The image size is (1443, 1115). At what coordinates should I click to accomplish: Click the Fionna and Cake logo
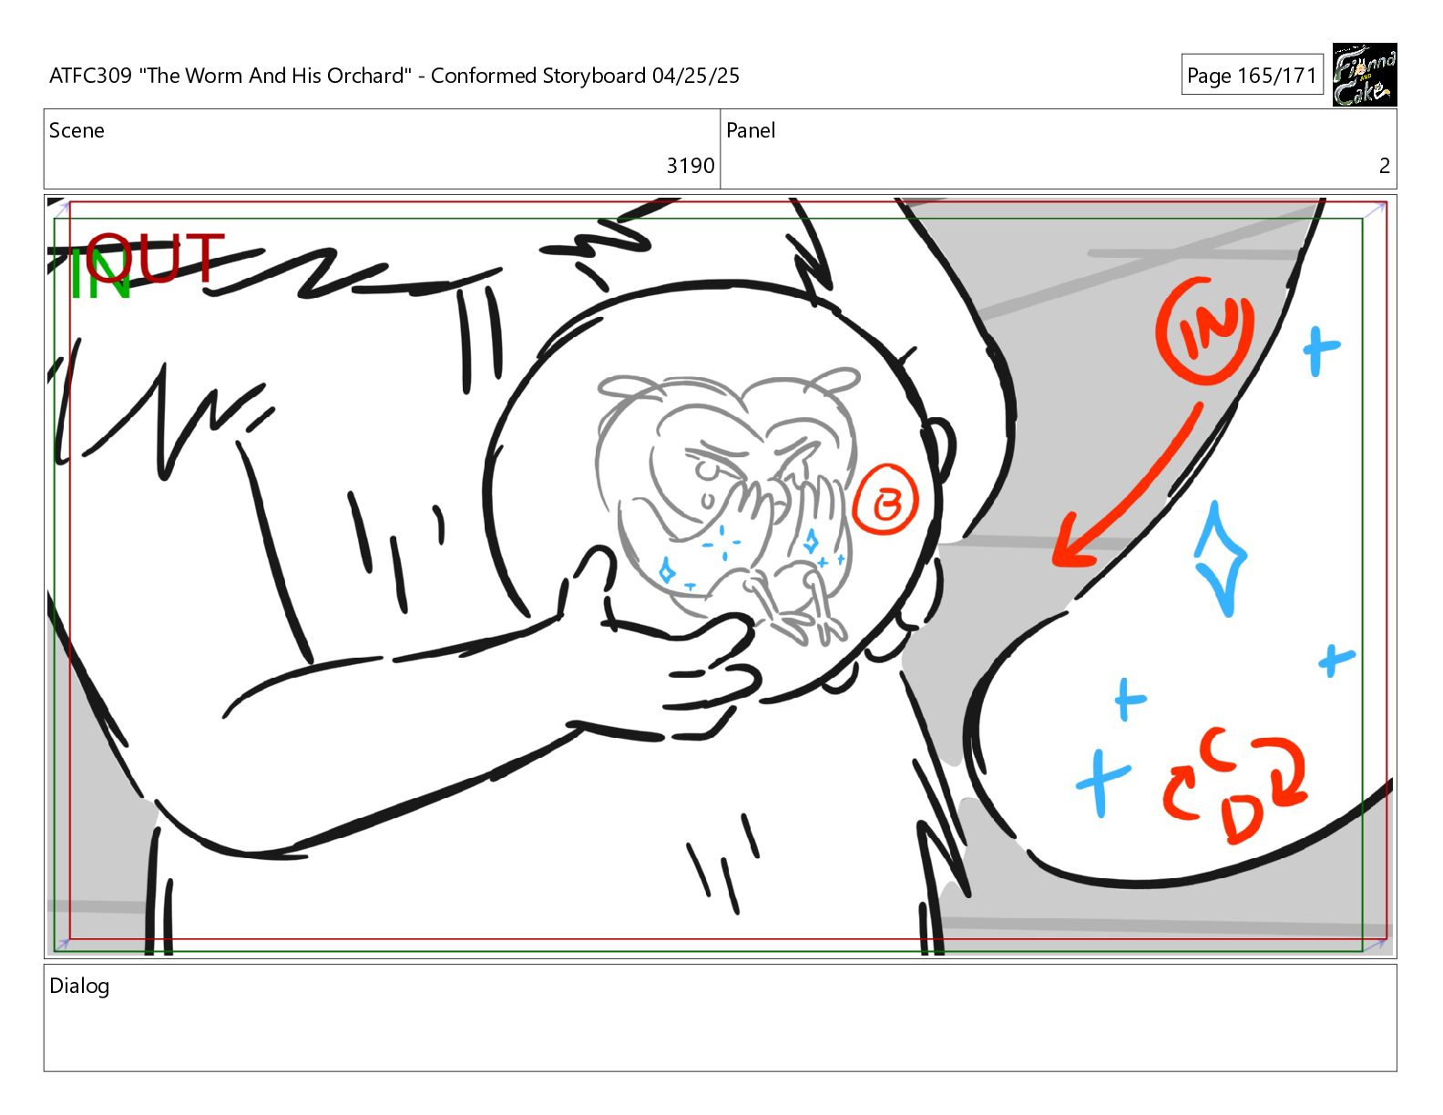(1364, 75)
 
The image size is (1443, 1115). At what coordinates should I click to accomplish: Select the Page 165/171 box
(1252, 75)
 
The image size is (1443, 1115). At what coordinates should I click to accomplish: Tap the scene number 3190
(690, 166)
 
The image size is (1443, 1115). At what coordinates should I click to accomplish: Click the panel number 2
(1384, 166)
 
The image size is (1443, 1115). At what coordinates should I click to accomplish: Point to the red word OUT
(155, 257)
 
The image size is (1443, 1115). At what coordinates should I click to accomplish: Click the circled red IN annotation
(1205, 331)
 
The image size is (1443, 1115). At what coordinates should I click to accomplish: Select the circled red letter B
(885, 499)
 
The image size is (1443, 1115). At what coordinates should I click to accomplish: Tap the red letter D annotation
(1241, 817)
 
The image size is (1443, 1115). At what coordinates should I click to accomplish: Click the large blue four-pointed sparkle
(1221, 559)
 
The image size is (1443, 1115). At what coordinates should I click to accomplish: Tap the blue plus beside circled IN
(1320, 351)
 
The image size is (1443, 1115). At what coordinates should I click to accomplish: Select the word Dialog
(79, 987)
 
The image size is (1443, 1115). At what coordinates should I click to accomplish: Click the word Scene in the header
(77, 130)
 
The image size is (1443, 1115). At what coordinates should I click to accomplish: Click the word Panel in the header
(751, 130)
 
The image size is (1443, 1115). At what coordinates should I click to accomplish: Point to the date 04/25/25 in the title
(695, 76)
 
